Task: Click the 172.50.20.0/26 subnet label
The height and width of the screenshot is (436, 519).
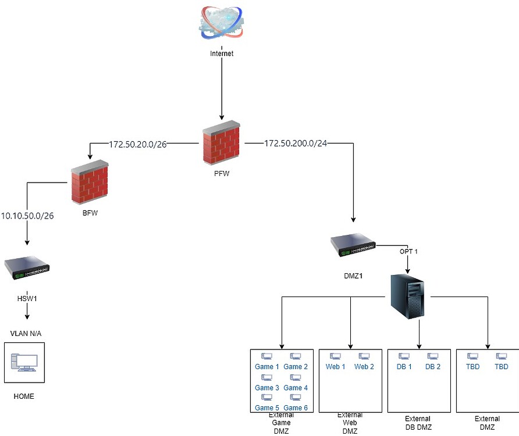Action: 138,143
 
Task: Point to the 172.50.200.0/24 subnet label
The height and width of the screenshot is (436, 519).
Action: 296,143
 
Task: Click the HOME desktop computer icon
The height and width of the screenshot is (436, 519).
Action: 24,363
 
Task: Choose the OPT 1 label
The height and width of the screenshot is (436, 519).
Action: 408,252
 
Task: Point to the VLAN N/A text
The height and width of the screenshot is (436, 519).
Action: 26,333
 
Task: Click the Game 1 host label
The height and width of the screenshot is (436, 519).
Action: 267,367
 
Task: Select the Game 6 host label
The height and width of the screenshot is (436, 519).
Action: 296,408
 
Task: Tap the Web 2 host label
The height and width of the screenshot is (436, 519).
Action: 364,367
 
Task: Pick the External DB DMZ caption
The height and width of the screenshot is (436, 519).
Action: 418,423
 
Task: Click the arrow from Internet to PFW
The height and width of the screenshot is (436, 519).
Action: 221,87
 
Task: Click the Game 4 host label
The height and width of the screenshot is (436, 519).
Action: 296,388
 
